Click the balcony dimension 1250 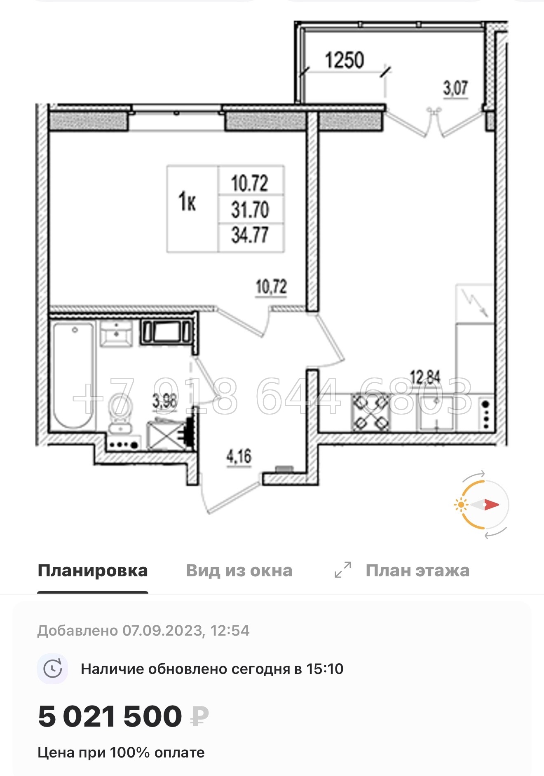coord(345,60)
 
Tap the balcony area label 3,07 coord(455,88)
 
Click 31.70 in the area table coord(250,210)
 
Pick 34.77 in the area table coord(250,235)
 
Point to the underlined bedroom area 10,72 coord(271,287)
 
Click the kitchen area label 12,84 coord(425,377)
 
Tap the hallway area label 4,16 coord(239,456)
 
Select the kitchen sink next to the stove coord(436,412)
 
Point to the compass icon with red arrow coord(483,504)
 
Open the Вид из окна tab coord(239,571)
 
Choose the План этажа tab coord(417,571)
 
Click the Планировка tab coord(93,571)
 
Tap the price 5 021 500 coord(110,716)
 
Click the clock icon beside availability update coord(53,669)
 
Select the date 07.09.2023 coord(162,631)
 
